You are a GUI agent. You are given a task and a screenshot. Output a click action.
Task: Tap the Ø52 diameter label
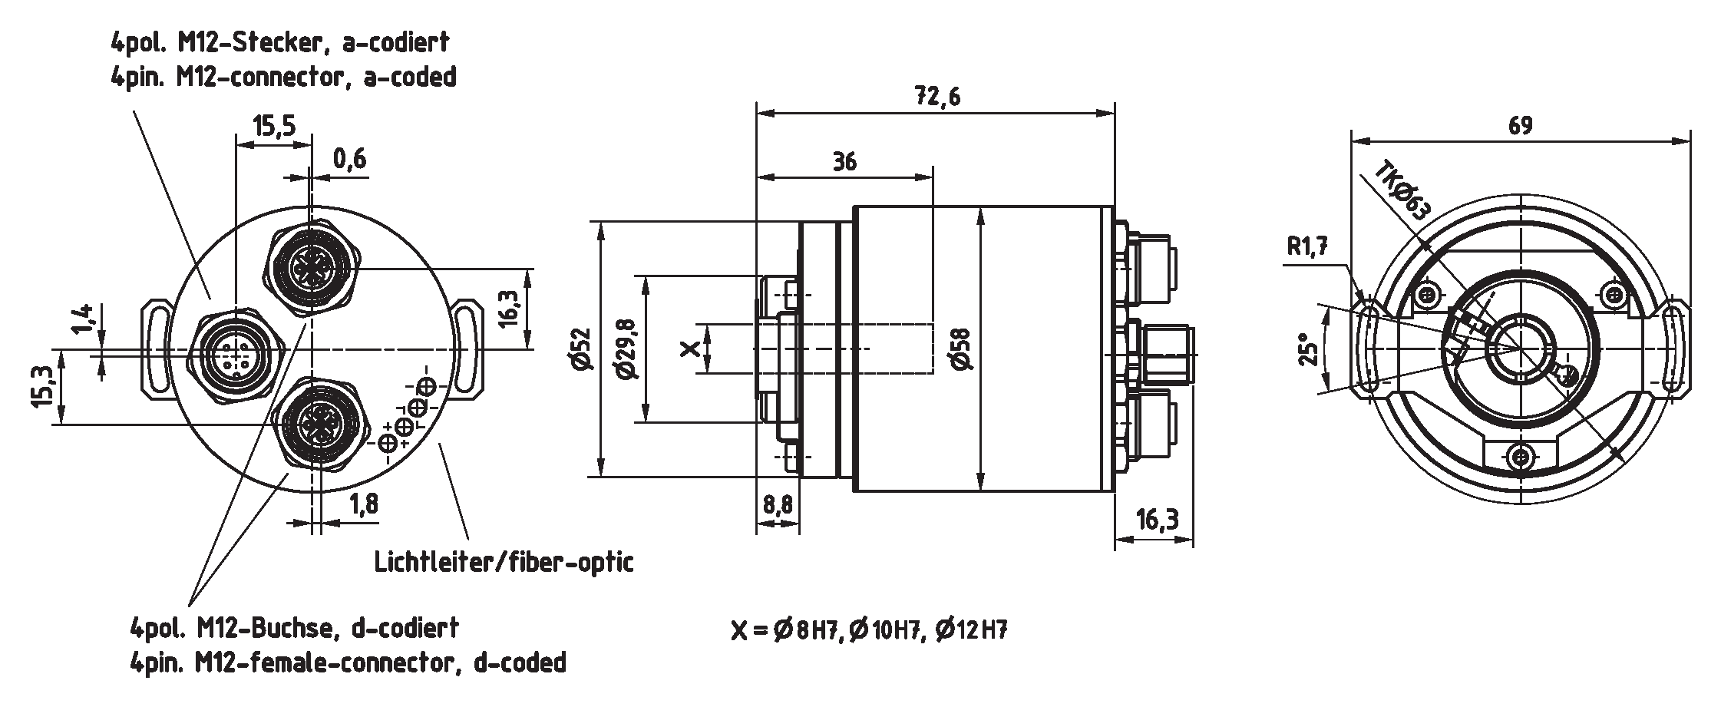tap(581, 349)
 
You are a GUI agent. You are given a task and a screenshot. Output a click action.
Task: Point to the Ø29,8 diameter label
tap(627, 350)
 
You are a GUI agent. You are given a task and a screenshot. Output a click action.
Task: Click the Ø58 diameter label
tap(960, 349)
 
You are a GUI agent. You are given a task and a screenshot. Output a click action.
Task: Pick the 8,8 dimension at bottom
tap(777, 504)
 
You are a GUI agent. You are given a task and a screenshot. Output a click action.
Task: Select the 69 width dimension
tap(1520, 126)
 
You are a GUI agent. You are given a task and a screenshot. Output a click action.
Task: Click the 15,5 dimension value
tap(274, 126)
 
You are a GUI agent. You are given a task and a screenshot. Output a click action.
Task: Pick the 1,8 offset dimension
tap(363, 504)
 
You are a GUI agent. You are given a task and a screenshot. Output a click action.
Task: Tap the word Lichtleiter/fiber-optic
tap(504, 562)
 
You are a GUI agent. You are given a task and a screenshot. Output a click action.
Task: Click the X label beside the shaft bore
tap(691, 350)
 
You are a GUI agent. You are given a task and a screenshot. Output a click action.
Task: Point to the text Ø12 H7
tap(971, 630)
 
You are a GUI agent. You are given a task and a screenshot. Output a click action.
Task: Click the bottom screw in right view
tap(1519, 458)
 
